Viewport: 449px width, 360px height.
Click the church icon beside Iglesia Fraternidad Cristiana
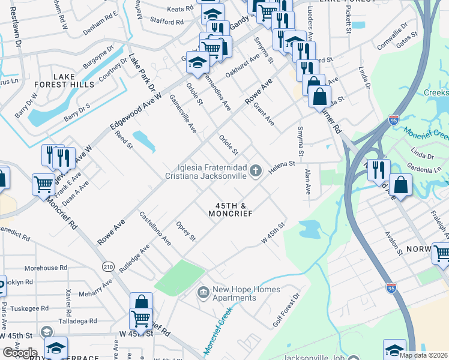pyautogui.click(x=256, y=172)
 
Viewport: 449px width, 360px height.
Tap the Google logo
pyautogui.click(x=20, y=353)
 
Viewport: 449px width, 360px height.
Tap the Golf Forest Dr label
pyautogui.click(x=286, y=311)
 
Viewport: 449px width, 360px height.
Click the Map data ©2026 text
pyautogui.click(x=423, y=355)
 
